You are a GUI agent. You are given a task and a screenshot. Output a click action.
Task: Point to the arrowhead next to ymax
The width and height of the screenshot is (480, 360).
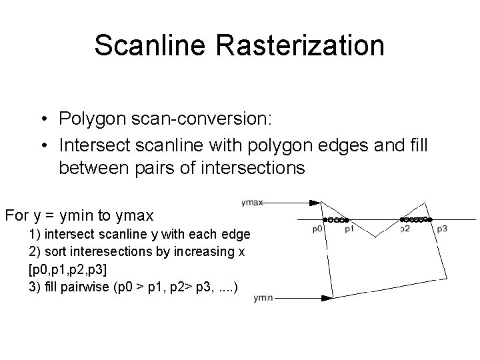tap(315, 203)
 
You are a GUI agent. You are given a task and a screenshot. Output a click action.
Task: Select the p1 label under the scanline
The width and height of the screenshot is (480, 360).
tap(350, 229)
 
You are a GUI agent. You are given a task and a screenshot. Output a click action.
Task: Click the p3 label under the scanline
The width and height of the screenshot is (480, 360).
tap(442, 229)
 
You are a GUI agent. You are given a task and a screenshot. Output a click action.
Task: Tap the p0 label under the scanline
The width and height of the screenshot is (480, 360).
tap(318, 229)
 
